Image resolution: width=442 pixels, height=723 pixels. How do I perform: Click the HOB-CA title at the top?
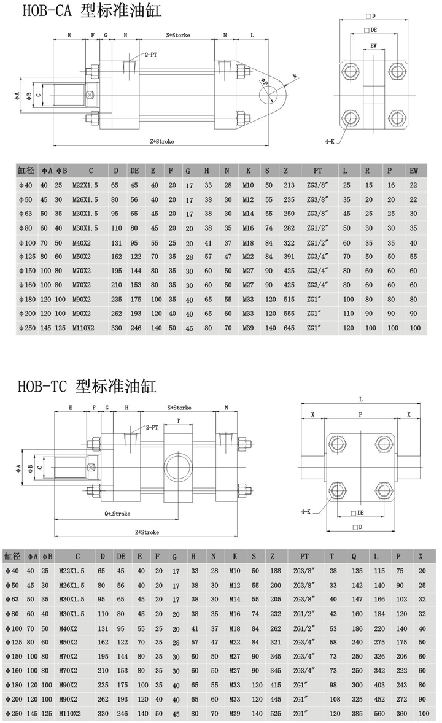[92, 10]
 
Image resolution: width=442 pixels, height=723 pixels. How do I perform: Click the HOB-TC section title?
[87, 385]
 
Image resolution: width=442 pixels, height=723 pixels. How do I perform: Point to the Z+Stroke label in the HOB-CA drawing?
[162, 142]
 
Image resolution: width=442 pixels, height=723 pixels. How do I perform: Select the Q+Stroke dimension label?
[117, 514]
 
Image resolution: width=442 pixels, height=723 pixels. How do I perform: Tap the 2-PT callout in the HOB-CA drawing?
[150, 55]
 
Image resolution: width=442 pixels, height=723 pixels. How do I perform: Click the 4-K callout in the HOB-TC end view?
[306, 511]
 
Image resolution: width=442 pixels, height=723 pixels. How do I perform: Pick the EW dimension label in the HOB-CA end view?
[374, 45]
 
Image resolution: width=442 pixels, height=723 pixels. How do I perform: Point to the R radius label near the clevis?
[294, 77]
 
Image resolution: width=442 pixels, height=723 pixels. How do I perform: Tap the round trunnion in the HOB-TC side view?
[177, 466]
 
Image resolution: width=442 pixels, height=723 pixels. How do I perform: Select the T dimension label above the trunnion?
[179, 420]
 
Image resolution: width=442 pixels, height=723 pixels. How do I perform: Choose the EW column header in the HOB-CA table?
[414, 171]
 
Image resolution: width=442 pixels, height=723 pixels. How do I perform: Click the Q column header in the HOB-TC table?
[354, 557]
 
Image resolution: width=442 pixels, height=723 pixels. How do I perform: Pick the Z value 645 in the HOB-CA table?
[289, 328]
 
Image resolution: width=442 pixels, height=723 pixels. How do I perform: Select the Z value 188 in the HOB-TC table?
[276, 571]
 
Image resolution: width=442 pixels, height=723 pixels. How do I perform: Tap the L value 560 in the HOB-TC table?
[380, 713]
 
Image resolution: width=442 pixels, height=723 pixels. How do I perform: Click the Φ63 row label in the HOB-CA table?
[26, 214]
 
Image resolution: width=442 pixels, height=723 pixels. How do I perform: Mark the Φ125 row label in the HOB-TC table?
[14, 643]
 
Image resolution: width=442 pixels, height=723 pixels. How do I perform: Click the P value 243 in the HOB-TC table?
[402, 685]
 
